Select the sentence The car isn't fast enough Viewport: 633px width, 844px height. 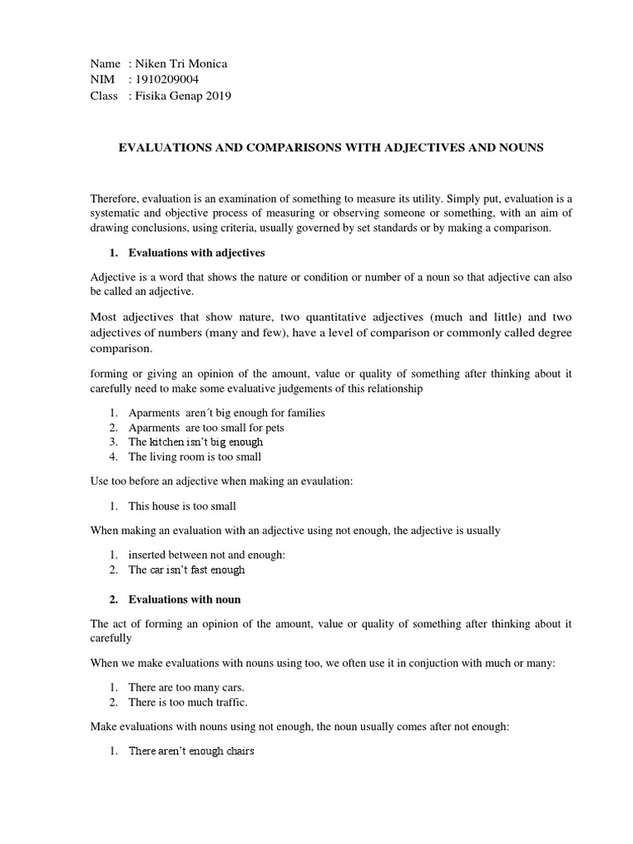[x=186, y=570]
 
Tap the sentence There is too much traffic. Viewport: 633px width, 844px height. [x=188, y=702]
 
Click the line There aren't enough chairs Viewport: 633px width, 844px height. [x=191, y=752]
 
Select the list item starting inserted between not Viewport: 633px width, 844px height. [x=206, y=556]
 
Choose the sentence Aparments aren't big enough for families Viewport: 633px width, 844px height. [x=227, y=412]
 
